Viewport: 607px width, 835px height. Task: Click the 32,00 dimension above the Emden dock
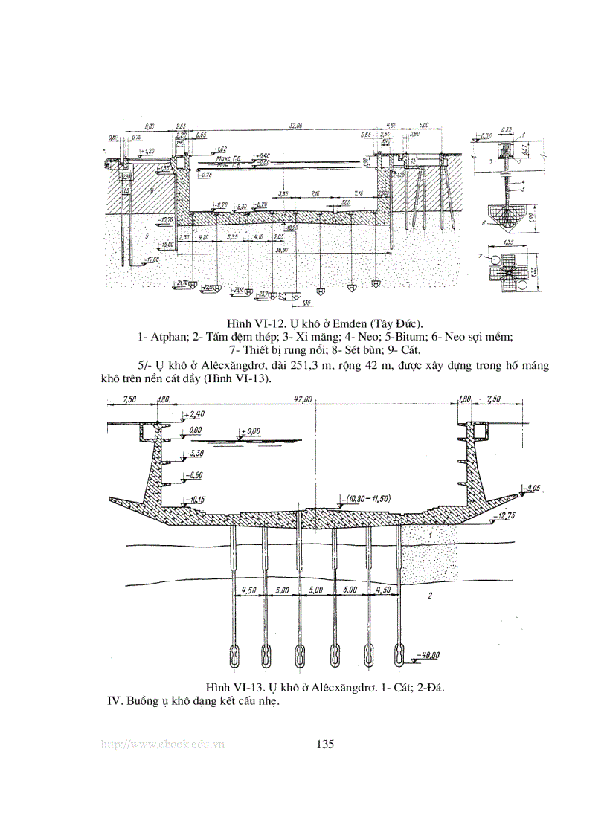(x=295, y=126)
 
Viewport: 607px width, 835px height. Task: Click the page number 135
(x=325, y=744)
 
